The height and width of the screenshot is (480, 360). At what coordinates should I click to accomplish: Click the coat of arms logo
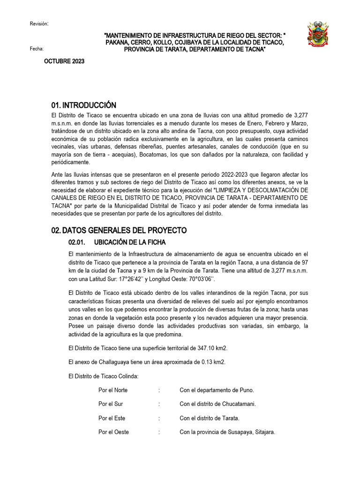(x=321, y=34)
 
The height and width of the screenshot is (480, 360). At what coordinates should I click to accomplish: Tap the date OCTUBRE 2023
(x=64, y=61)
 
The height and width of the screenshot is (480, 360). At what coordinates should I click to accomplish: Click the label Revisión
(x=39, y=24)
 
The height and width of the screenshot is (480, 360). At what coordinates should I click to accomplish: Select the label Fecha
(x=37, y=48)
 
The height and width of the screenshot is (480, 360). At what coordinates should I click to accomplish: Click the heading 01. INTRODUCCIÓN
(x=84, y=105)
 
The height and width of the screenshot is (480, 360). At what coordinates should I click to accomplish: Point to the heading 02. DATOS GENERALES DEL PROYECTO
(x=119, y=230)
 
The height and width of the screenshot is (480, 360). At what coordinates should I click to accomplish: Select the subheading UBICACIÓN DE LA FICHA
(x=130, y=242)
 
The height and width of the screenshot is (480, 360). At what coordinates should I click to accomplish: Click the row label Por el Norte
(x=113, y=390)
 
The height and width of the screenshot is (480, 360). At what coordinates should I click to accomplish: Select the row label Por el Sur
(x=111, y=404)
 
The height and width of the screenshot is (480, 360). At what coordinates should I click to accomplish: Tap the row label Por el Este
(x=112, y=418)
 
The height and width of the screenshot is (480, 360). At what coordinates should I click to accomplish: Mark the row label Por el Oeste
(x=113, y=432)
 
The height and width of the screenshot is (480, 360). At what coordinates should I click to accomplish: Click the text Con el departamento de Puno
(x=217, y=390)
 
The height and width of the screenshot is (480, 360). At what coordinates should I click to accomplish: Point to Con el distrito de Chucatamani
(x=218, y=404)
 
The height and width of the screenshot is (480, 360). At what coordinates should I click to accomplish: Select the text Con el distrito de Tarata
(x=210, y=418)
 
